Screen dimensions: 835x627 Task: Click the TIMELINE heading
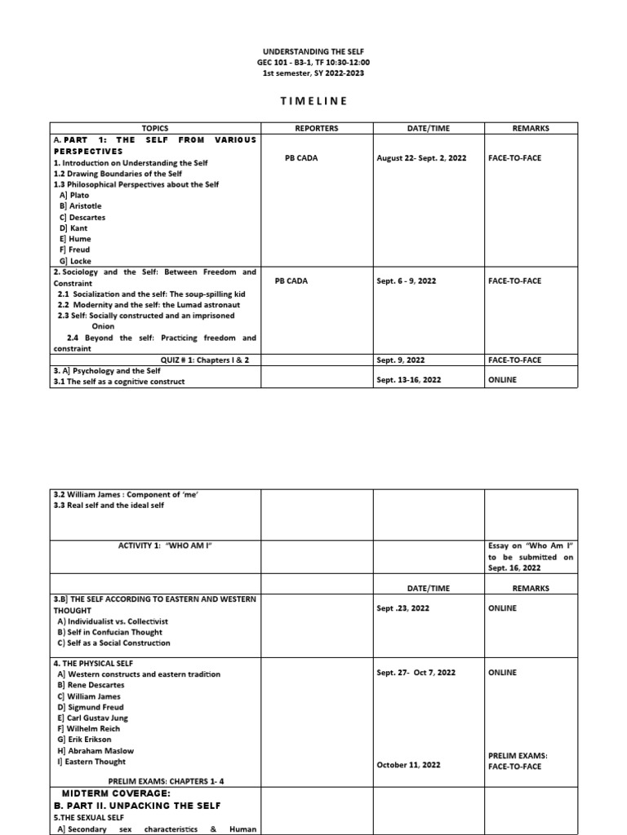pos(313,100)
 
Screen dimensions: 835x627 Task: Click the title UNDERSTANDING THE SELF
pos(313,51)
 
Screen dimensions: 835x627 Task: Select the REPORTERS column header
pos(317,128)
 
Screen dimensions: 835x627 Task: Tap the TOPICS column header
pos(154,128)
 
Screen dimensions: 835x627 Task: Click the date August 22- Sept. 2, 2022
pos(421,158)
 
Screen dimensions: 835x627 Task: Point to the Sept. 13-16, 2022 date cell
pos(410,380)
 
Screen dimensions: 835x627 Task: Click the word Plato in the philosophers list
pos(78,196)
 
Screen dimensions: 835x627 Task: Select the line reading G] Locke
pos(75,261)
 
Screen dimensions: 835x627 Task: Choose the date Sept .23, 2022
pos(403,608)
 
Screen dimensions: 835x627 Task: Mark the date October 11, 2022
pos(409,765)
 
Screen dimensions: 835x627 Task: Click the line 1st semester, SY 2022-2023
pos(313,73)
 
